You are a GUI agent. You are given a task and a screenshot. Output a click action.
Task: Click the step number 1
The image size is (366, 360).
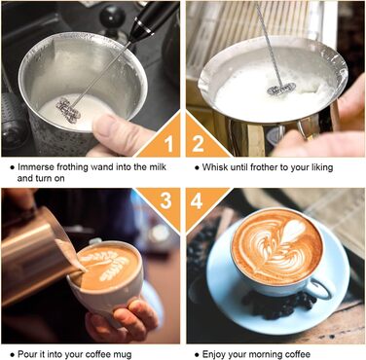tap(168, 144)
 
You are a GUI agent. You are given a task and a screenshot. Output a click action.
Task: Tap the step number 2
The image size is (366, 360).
tap(198, 144)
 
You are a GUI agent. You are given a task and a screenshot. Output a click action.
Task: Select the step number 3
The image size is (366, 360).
tap(165, 200)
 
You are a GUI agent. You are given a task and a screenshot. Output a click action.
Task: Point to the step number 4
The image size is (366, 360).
tap(197, 200)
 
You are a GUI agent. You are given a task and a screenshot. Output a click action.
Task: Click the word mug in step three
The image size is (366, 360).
tap(123, 355)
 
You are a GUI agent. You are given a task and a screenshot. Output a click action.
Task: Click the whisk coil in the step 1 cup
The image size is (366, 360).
tap(68, 111)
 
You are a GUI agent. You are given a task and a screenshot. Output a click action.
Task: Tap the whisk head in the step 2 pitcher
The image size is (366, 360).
tap(281, 89)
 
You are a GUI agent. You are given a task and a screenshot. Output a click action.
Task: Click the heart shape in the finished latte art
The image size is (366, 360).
tap(293, 231)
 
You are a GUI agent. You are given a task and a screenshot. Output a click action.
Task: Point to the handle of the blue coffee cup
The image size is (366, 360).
tap(320, 288)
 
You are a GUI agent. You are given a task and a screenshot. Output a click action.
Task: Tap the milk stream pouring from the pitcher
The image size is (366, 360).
tap(70, 255)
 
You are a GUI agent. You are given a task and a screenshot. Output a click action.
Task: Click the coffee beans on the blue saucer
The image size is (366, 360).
tap(279, 305)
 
